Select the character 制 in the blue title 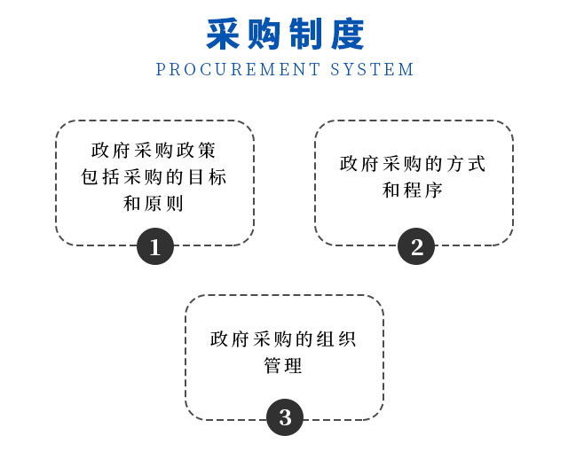[x=304, y=34]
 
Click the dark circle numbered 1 [x=155, y=246]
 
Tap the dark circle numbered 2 [x=415, y=246]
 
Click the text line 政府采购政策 [x=154, y=151]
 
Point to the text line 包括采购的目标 [x=154, y=177]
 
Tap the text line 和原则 [x=154, y=204]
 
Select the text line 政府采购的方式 [x=414, y=164]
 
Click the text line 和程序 [x=414, y=191]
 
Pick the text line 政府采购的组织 [x=284, y=338]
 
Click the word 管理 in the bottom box [x=284, y=365]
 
